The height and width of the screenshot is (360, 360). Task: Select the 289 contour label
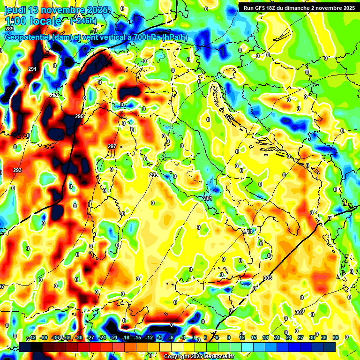point(9,29)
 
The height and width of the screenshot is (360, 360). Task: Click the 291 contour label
point(32,69)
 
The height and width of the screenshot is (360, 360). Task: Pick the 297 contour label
point(112,146)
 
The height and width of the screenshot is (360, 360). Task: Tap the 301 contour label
point(208,198)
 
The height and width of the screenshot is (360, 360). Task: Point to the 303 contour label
point(248,232)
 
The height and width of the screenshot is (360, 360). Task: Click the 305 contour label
point(268,278)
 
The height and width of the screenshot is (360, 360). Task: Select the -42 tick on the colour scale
point(32,338)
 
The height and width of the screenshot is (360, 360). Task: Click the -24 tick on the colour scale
point(102,338)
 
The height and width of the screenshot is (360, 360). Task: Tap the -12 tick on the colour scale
point(149,338)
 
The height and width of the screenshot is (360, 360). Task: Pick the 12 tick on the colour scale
point(241,338)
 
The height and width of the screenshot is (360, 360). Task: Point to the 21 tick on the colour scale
point(277,338)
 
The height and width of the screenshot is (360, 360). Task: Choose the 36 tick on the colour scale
point(335,338)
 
